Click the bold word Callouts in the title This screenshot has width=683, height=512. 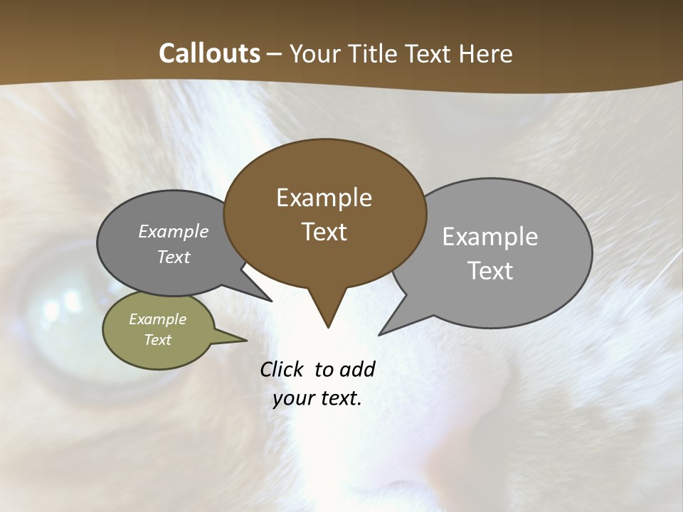click(209, 53)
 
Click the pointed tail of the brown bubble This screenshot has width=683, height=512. click(327, 313)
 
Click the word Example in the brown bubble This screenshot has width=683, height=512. click(324, 198)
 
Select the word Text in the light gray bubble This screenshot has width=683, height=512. click(489, 271)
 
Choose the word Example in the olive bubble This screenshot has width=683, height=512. click(158, 319)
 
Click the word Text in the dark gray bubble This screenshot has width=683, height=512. click(174, 257)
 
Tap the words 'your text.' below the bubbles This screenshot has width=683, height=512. click(317, 398)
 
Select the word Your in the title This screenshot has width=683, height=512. click(315, 53)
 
